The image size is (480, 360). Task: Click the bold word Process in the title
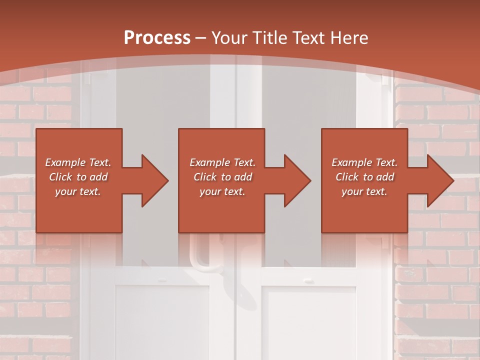[157, 38]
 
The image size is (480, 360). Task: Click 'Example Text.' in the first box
[78, 162]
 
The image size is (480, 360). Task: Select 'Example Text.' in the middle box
[222, 162]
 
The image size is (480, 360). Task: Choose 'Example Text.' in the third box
[364, 162]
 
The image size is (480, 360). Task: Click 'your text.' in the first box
[78, 191]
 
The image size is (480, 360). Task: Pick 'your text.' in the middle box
[222, 191]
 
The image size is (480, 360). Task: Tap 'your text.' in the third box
[364, 191]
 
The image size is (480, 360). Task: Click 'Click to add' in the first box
[78, 177]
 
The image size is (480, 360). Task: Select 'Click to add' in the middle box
[222, 177]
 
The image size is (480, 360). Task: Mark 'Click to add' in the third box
[364, 177]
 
